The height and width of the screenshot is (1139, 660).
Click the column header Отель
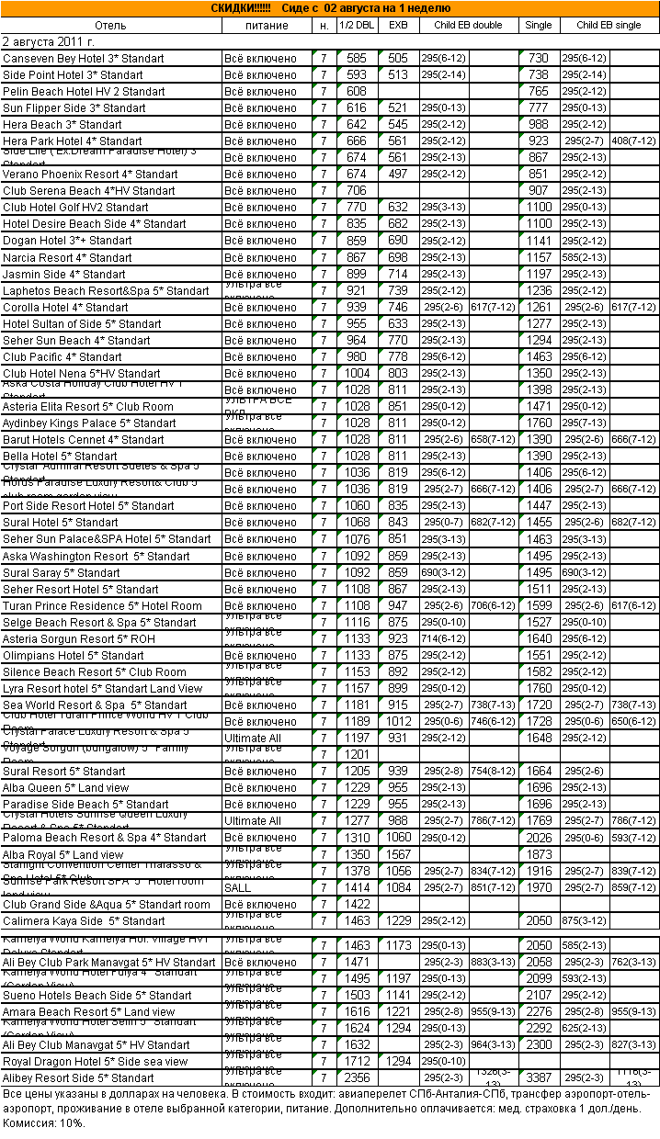coord(110,25)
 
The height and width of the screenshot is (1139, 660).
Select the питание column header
coord(267,25)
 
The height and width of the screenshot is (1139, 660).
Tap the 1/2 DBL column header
coord(356,25)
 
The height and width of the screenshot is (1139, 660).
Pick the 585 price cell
coord(356,59)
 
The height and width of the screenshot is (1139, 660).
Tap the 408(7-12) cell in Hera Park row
coord(633,141)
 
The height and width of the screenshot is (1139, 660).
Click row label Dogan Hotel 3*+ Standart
coord(67,241)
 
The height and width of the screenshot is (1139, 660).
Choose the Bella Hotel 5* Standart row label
coord(60,457)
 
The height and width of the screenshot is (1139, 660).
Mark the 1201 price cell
coord(356,754)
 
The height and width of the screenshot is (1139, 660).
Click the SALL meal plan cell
coord(237,888)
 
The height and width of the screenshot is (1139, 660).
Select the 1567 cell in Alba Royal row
coord(398,855)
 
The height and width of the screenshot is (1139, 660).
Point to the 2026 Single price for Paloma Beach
coord(538,838)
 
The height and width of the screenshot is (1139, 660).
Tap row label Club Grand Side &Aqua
coord(106,905)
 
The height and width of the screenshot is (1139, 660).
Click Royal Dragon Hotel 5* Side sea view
coord(95,1062)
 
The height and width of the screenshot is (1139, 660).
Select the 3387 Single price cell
coord(538,1078)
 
